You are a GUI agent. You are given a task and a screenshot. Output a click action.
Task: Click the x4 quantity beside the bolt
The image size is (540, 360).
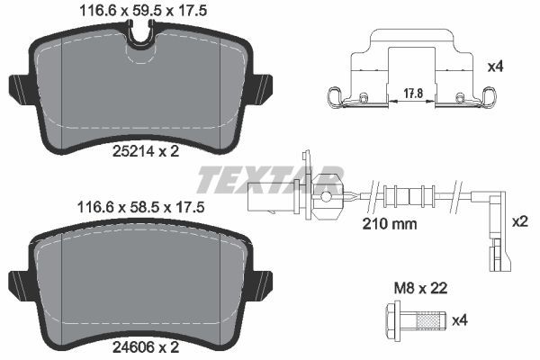(x=460, y=319)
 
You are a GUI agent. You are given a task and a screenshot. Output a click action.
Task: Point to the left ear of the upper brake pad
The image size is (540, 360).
(x=18, y=88)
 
